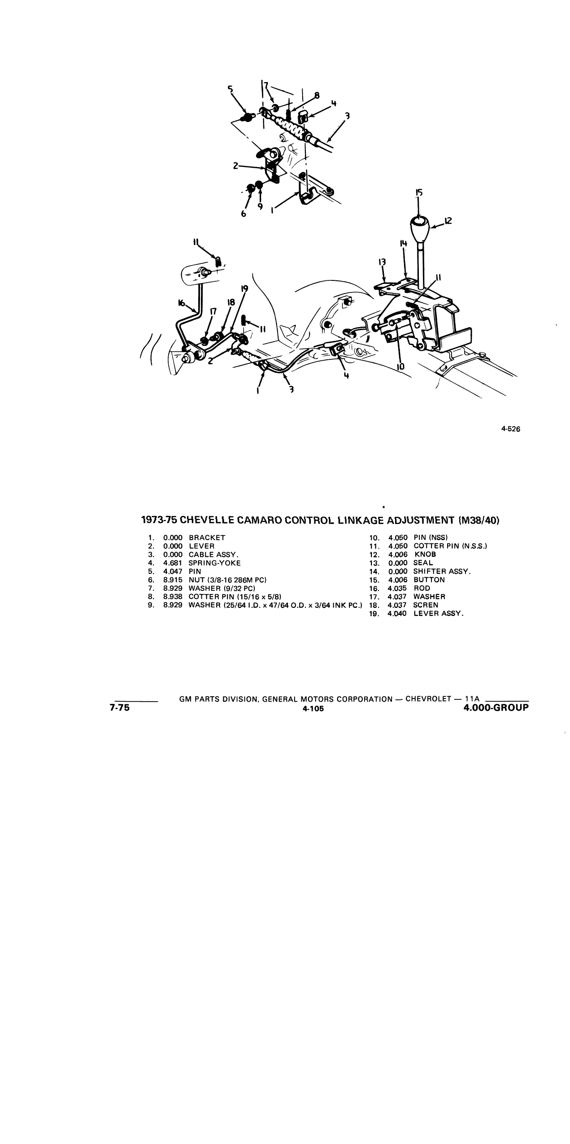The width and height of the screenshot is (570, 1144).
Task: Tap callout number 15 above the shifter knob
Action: click(419, 193)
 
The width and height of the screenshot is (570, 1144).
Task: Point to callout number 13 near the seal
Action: click(382, 262)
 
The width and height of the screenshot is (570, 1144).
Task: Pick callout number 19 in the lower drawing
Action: click(244, 289)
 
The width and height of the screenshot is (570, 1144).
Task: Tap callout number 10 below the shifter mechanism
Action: click(400, 367)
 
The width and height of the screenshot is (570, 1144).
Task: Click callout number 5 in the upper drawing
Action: click(231, 89)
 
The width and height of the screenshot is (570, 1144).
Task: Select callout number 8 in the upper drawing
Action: click(317, 95)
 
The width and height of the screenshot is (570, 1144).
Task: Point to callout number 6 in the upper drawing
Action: click(244, 214)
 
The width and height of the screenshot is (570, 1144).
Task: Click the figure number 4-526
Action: click(510, 429)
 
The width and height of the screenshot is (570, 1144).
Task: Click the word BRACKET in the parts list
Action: click(207, 537)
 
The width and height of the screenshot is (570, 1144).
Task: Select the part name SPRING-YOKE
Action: click(215, 563)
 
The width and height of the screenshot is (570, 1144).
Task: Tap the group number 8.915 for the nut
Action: click(173, 580)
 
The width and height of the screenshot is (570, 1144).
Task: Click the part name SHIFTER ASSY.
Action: click(442, 572)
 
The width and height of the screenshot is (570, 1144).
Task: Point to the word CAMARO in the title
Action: click(259, 520)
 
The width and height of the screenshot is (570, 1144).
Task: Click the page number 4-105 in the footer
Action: click(313, 709)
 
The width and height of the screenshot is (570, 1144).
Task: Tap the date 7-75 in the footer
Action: click(119, 708)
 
